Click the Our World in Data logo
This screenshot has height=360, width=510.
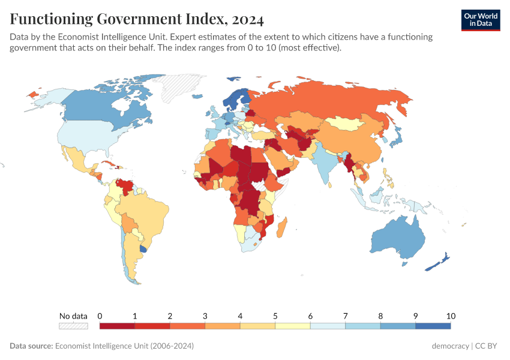(x=480, y=20)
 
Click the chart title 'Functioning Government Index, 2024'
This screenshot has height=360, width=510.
(x=137, y=20)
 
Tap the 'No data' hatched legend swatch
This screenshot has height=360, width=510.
(x=73, y=326)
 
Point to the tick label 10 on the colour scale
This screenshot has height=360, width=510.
(x=451, y=316)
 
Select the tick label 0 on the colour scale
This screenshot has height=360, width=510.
(x=100, y=316)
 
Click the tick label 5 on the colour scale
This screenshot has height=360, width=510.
(x=275, y=316)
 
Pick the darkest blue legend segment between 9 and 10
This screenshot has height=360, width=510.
(x=433, y=326)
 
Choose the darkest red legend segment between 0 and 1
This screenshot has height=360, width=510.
(x=117, y=326)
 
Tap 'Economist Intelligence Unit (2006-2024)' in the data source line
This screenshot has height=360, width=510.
(x=124, y=346)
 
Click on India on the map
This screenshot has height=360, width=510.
(x=323, y=162)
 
